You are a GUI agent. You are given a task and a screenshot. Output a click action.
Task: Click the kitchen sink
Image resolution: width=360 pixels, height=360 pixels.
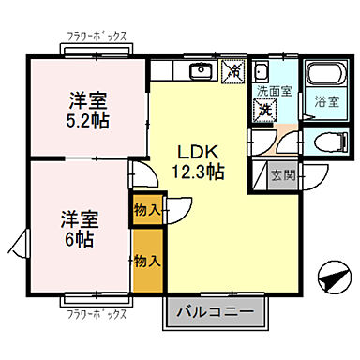click(200, 71)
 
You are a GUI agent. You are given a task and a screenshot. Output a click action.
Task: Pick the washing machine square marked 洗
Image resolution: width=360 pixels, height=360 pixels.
click(267, 110)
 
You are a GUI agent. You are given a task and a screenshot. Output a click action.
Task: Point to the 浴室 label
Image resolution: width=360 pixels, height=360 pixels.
click(325, 101)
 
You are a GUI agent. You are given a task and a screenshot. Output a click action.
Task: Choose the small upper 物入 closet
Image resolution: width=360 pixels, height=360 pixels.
click(144, 209)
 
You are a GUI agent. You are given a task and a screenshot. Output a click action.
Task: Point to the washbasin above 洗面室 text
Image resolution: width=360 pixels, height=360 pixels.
click(265, 74)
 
